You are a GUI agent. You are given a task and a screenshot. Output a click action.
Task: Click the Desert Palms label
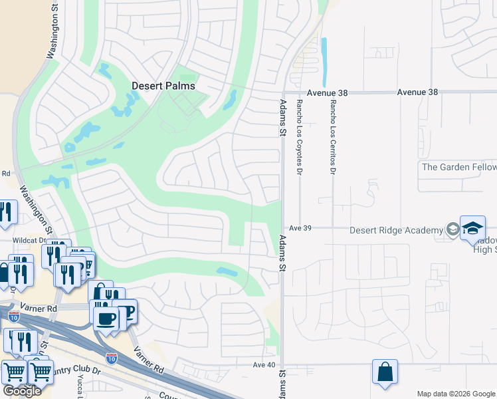pos(163,86)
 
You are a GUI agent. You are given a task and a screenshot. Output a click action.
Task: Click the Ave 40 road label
pos(264,364)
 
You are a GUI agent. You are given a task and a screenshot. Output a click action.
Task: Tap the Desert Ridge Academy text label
pos(397,230)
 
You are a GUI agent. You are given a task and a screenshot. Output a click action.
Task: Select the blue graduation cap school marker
pos(472,227)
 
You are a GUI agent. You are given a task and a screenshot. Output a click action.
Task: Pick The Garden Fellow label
pos(458,167)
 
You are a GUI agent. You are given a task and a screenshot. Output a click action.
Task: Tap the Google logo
pos(22,391)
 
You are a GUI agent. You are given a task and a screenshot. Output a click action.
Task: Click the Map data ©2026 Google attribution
pos(456,393)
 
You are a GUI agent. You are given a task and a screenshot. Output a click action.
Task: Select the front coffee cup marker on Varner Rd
pos(106,319)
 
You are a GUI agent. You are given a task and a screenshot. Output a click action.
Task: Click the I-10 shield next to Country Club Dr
pos(112,358)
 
